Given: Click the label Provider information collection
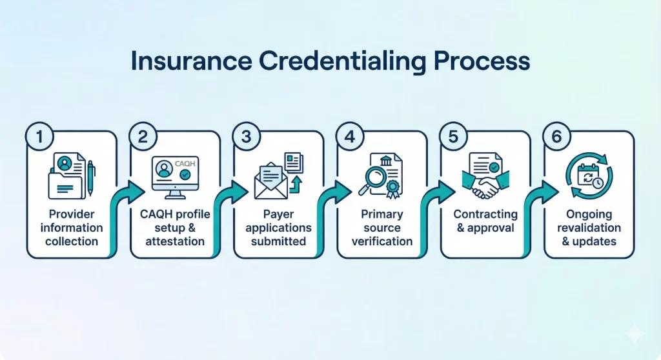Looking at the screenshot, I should tap(72, 228).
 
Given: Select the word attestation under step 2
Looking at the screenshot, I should tap(175, 241).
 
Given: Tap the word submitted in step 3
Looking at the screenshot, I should tap(278, 241).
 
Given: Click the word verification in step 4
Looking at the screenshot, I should tap(381, 241).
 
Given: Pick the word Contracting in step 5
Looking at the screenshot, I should tap(485, 214).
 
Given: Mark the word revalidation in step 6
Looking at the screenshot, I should tap(589, 228).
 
